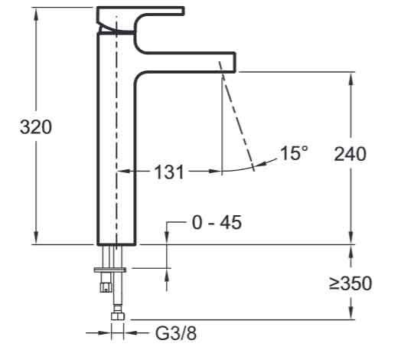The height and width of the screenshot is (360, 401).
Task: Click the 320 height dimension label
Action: (x=35, y=127)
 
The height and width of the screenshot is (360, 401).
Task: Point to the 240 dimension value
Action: (x=350, y=153)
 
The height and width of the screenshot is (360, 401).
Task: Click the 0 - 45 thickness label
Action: (x=216, y=223)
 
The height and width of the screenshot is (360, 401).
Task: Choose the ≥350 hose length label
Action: (x=350, y=284)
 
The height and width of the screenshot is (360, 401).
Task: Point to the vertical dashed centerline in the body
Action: (x=117, y=138)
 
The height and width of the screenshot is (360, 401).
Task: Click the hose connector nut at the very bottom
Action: (x=117, y=316)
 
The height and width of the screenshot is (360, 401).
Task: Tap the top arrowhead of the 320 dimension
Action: (x=35, y=11)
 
